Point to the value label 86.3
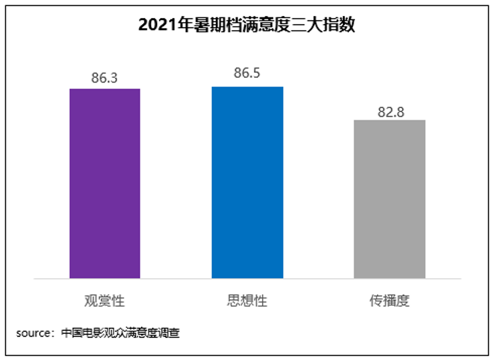click(105, 78)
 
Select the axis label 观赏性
click(105, 300)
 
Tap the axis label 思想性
click(247, 300)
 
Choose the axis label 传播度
click(390, 300)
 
